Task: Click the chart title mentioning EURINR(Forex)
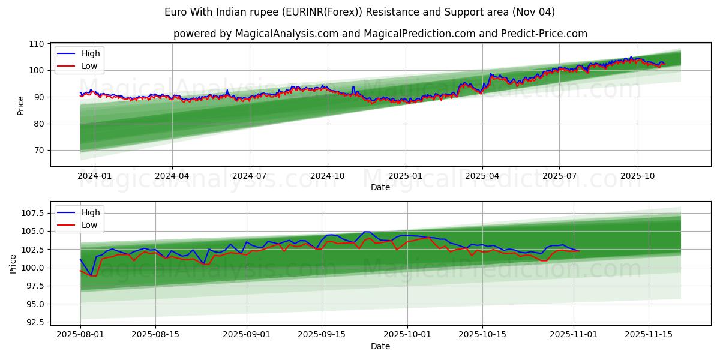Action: click(359, 12)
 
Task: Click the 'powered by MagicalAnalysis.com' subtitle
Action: click(380, 34)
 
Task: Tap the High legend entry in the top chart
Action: click(91, 53)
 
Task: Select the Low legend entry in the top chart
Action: click(89, 67)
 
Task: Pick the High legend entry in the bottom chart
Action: click(91, 212)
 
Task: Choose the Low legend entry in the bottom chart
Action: click(89, 225)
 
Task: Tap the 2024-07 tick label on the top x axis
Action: click(250, 176)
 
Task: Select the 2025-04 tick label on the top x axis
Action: click(482, 176)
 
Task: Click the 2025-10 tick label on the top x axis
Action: click(637, 176)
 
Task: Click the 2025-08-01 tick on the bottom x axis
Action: click(80, 334)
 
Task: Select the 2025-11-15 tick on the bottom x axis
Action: click(649, 334)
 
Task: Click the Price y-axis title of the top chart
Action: click(21, 106)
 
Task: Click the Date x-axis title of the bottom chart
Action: click(380, 346)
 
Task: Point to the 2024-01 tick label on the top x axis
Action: click(95, 176)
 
